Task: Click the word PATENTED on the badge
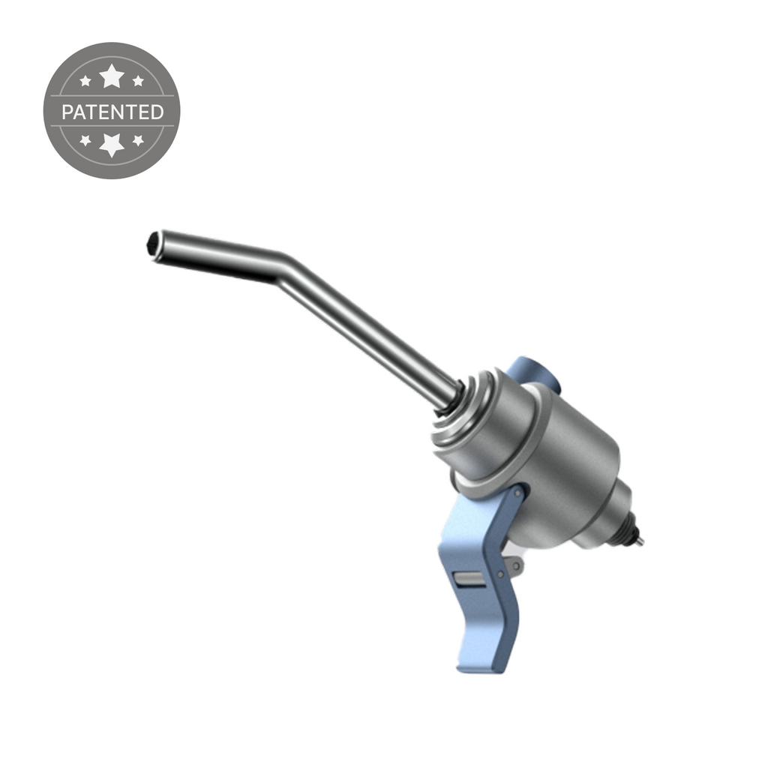[112, 112]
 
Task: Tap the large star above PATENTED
[112, 75]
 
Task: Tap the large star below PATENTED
[112, 144]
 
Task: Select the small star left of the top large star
[85, 81]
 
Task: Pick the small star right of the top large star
[138, 81]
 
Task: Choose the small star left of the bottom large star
[85, 140]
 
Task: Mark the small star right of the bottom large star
[138, 140]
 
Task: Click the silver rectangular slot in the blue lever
[469, 578]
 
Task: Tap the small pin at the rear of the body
[638, 540]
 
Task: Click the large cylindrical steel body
[555, 457]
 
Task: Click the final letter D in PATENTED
[156, 112]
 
